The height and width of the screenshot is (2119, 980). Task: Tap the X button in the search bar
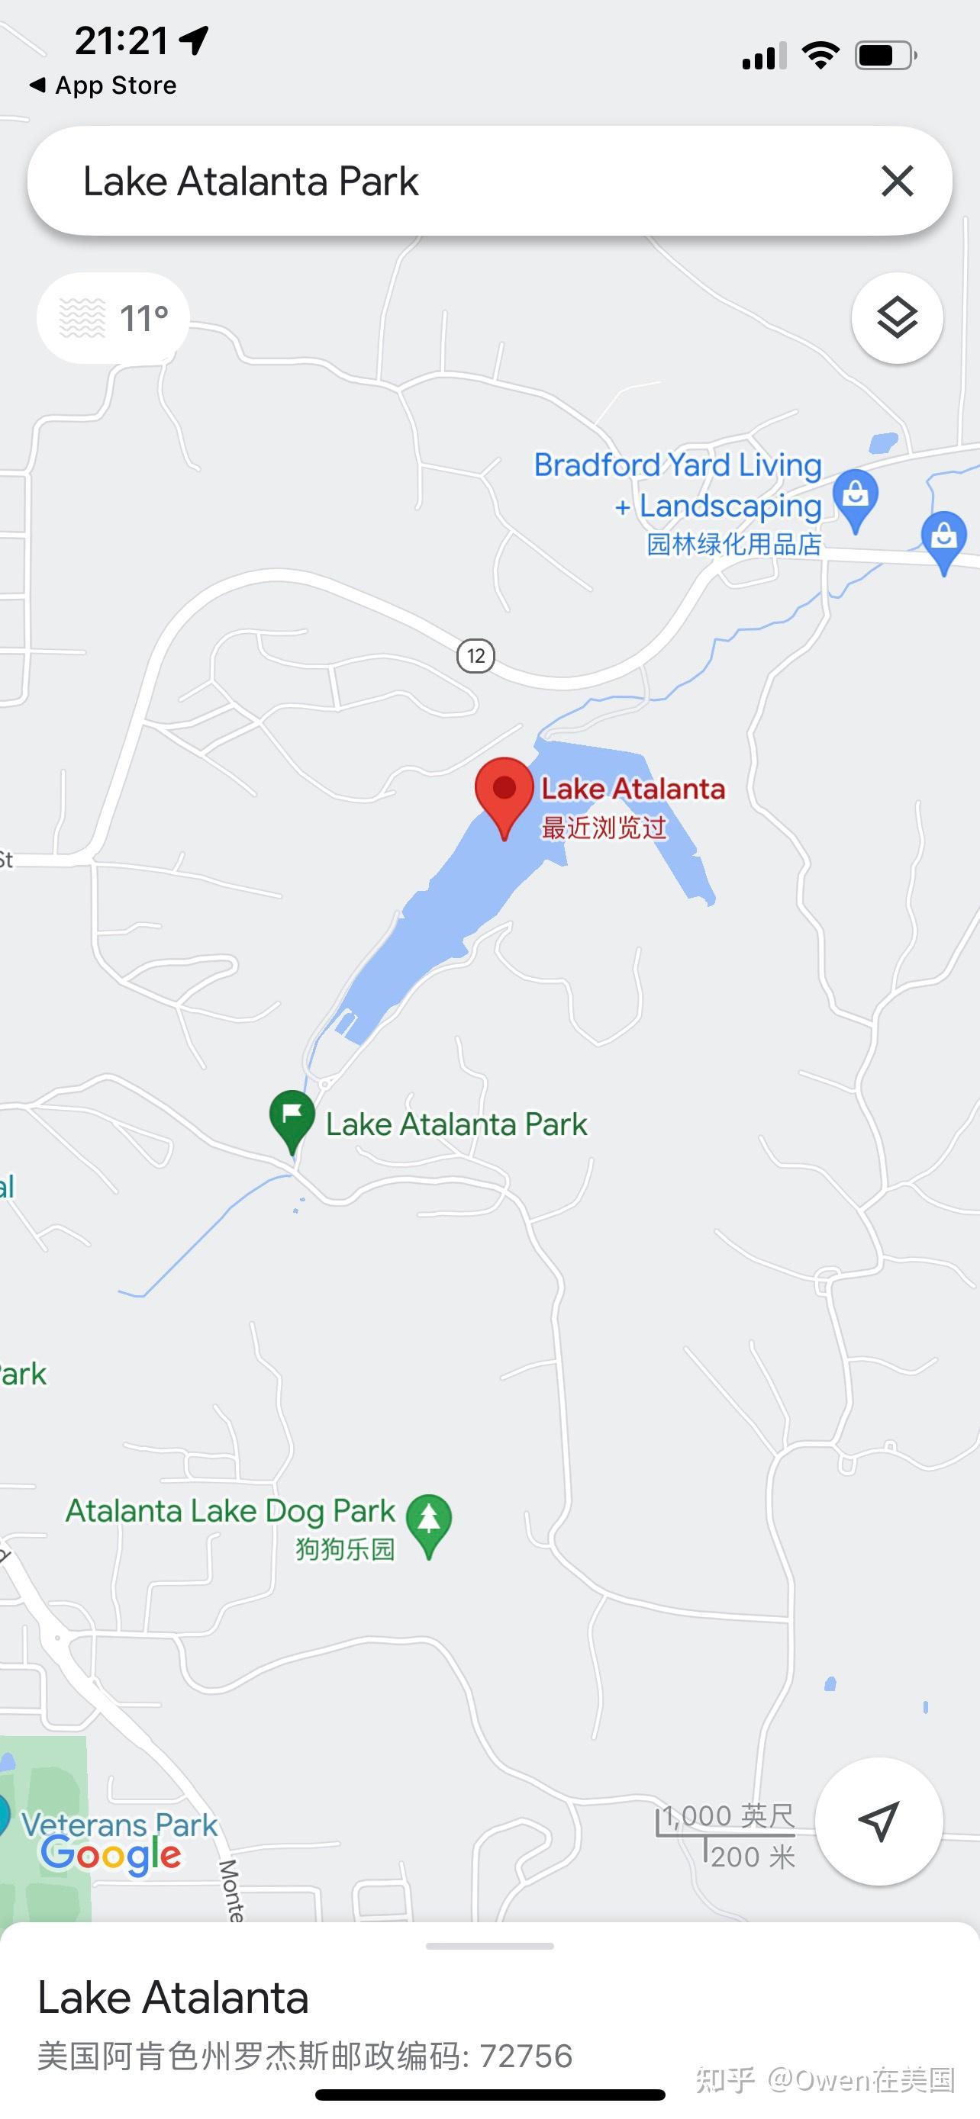897,181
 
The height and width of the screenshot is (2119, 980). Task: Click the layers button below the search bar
897,317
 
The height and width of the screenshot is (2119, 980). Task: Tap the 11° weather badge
114,318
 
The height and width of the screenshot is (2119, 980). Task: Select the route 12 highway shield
475,655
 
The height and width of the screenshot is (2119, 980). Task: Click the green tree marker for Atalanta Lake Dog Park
429,1522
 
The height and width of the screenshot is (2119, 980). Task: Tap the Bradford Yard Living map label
677,465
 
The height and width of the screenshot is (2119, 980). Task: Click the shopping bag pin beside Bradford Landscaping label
855,497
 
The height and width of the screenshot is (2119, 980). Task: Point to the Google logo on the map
111,1855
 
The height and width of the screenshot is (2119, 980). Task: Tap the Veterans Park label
120,1824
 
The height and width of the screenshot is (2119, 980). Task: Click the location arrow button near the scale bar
878,1822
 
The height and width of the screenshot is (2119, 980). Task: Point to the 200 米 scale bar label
752,1857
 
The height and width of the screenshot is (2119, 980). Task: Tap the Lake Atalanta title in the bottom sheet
172,1998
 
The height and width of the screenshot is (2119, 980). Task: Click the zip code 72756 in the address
526,2056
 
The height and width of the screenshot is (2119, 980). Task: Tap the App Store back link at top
104,85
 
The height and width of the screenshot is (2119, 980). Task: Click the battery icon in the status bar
885,56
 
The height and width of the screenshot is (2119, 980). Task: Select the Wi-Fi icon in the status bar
820,56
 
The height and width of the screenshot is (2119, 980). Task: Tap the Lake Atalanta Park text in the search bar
251,182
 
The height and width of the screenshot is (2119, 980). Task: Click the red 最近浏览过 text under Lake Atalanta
603,828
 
